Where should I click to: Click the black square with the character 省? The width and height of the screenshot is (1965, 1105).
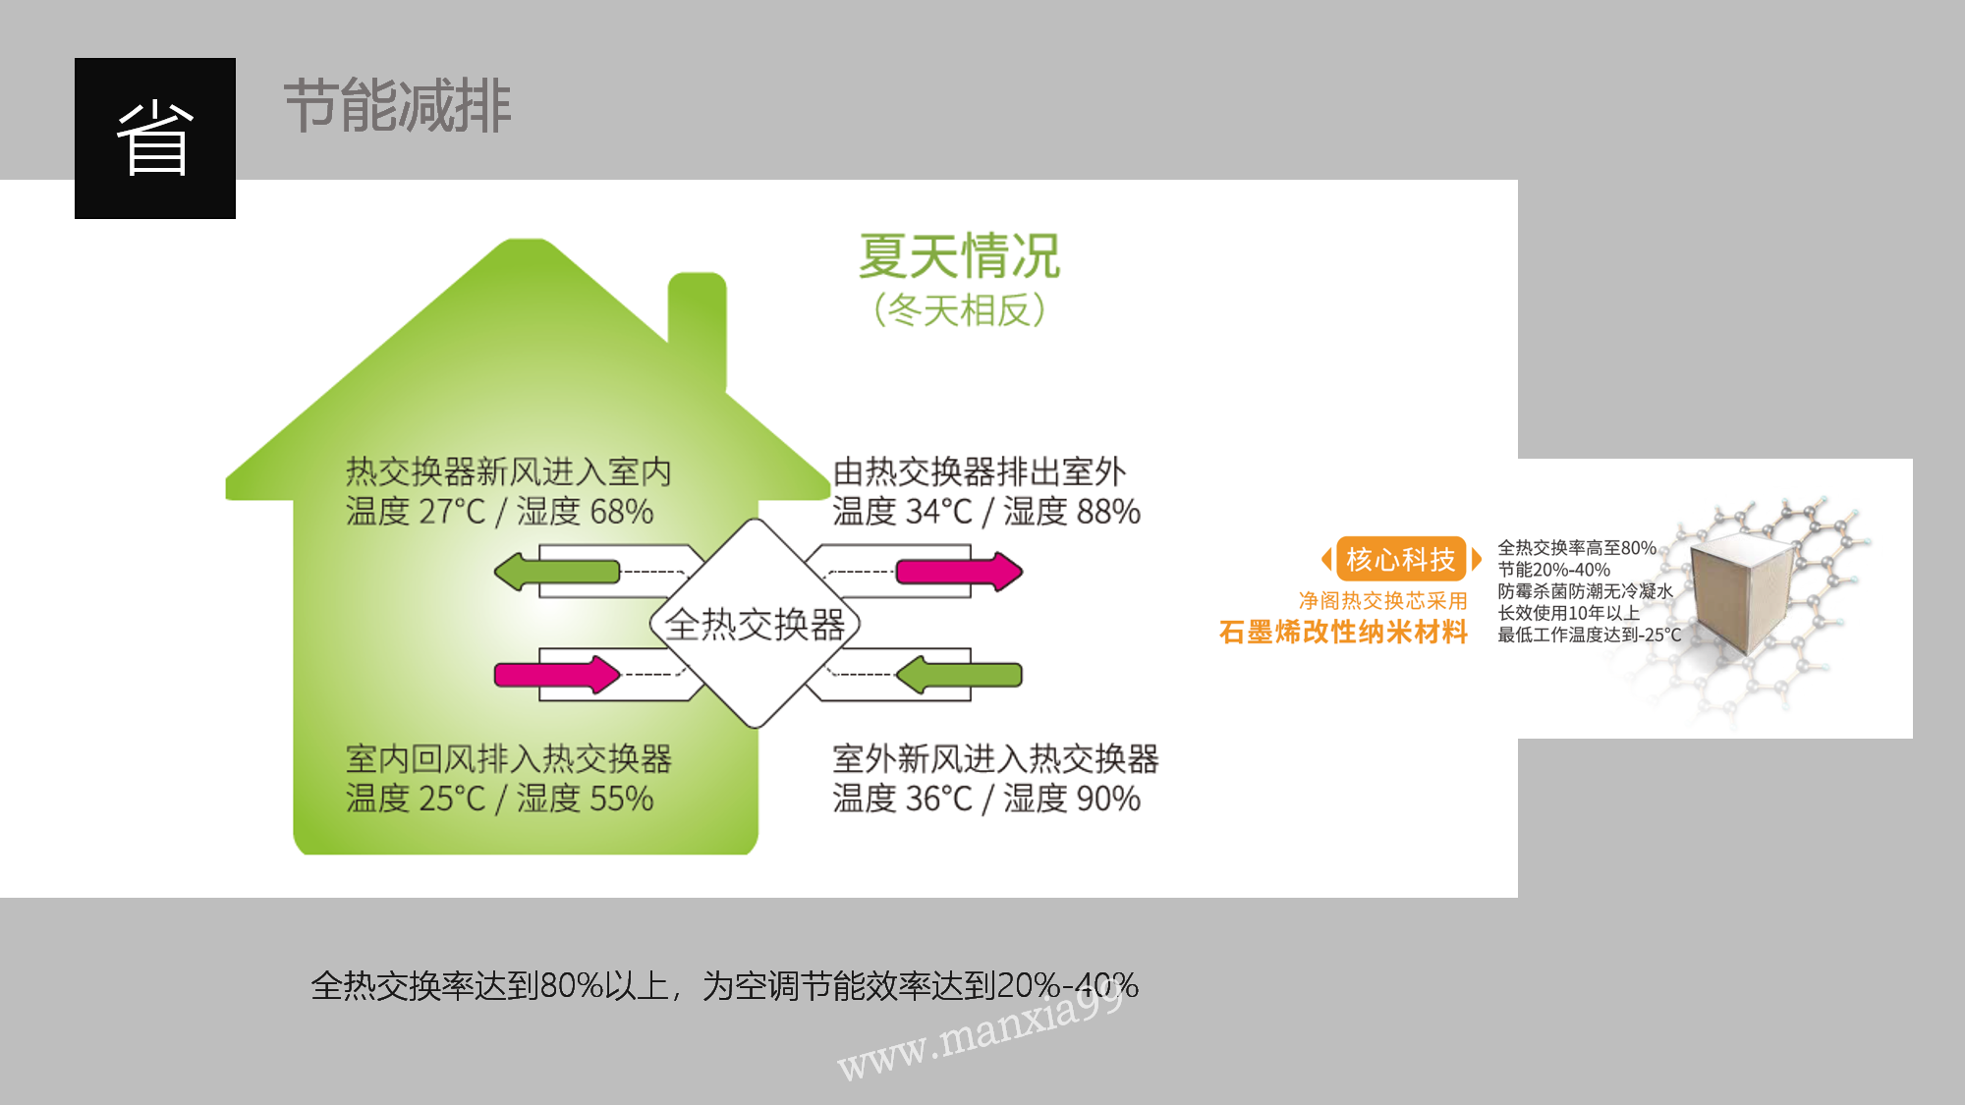155,138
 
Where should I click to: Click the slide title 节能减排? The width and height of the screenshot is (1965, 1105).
398,106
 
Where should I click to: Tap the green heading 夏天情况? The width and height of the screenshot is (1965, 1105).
960,256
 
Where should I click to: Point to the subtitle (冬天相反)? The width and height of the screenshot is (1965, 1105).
960,310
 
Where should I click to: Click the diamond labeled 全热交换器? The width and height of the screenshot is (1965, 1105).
755,624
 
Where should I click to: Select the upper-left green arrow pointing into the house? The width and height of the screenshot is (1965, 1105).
557,572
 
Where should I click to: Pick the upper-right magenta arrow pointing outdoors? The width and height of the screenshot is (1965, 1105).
960,572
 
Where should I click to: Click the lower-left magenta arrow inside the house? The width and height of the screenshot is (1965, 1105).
557,675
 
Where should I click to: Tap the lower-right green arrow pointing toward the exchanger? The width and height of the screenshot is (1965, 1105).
960,675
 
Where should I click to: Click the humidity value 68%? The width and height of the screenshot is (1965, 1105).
622,512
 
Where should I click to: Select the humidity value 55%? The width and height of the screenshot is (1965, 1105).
622,799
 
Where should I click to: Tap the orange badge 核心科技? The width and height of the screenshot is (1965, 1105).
1401,559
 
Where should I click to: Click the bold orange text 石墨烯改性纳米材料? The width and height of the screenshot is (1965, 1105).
1343,632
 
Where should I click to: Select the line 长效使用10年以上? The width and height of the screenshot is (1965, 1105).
1568,613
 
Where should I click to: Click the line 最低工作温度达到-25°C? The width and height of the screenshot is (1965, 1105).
1589,635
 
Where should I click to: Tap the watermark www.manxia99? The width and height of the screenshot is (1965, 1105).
981,1032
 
